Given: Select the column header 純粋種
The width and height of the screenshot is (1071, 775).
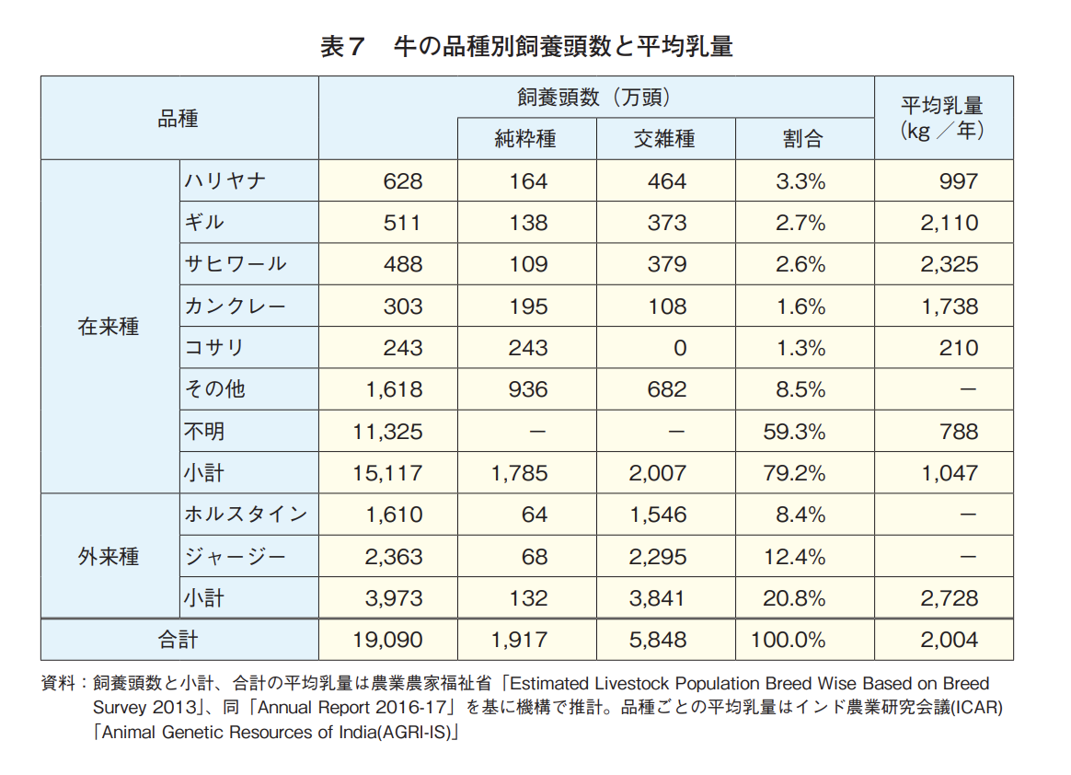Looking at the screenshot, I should coord(525,139).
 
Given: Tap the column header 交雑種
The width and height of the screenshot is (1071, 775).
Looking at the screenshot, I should coord(664,139).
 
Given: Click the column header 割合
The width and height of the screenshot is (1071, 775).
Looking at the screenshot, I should coord(802,139).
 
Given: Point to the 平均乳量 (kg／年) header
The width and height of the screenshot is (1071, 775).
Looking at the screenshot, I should coord(942,118).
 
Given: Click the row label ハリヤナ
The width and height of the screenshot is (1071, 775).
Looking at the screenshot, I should coord(225,181).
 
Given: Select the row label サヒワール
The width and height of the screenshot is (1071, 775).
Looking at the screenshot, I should coord(236,265).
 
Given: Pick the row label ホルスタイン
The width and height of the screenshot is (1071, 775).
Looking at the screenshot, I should coord(246,515).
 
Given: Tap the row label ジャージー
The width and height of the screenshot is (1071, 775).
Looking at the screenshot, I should coord(236,557).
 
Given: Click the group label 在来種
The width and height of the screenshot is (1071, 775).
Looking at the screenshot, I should coord(109,327).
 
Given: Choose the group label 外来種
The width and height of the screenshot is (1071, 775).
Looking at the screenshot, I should coord(109,557).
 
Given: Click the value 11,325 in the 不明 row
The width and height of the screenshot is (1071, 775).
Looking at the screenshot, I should coord(387,432).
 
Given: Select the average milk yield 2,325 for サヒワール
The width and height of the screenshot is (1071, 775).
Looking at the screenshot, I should coord(950,265).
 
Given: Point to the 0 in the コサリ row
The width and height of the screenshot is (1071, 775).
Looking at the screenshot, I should coord(679,348).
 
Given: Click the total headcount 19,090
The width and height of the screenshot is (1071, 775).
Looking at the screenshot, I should coord(387,640).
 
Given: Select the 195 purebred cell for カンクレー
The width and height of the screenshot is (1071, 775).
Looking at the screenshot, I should coord(528,307).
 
